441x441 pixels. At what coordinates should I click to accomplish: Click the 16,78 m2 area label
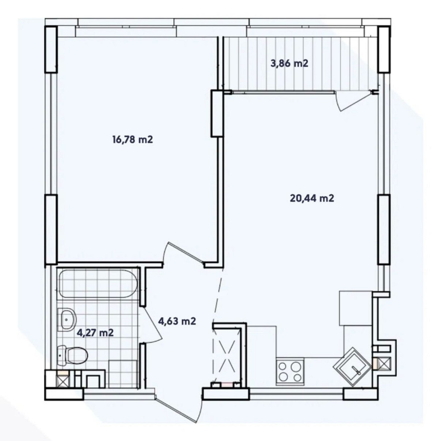pos(132,139)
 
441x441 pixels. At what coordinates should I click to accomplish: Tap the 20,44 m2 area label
pos(312,198)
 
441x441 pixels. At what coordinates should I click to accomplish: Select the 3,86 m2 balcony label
pos(289,63)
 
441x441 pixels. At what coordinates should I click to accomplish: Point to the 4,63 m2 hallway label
pos(177,321)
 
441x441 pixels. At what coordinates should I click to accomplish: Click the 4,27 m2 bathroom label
pos(95,333)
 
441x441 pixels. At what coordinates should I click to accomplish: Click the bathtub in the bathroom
pos(97,284)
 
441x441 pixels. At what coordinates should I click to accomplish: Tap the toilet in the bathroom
pos(72,355)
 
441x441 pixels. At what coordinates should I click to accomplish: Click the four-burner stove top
pos(290,371)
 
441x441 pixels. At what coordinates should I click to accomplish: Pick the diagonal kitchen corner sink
pos(352,365)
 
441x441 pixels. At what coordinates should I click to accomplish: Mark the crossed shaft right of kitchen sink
pos(384,363)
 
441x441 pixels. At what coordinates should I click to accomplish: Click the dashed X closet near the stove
pos(226,356)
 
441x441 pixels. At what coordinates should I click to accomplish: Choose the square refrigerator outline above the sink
pos(355,308)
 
